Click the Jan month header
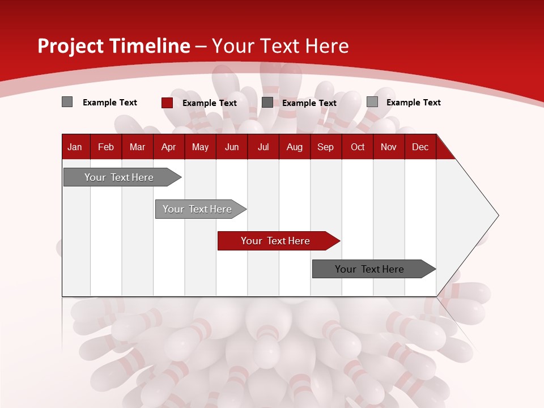click(75, 147)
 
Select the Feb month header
click(106, 147)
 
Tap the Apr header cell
click(168, 147)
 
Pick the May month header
click(200, 147)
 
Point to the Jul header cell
click(263, 147)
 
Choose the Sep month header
click(325, 147)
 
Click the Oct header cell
click(358, 147)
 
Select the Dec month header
click(420, 147)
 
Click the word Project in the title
click(71, 46)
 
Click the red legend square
click(167, 103)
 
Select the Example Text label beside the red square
click(209, 103)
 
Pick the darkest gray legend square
click(267, 103)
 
